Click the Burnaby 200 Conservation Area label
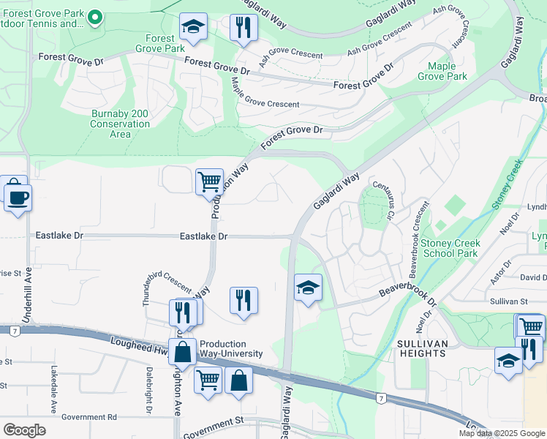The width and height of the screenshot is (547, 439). coord(120,124)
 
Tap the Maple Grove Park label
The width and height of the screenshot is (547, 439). coord(442,71)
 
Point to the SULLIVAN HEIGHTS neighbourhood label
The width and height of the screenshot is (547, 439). coord(422,348)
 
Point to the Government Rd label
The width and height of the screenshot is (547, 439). coord(89,417)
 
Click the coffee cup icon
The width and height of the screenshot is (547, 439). coord(18,196)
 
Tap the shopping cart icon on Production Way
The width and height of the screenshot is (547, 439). coord(209,180)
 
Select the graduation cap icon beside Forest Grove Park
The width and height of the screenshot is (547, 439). coord(192,28)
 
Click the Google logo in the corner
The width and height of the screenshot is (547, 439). coord(25,430)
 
